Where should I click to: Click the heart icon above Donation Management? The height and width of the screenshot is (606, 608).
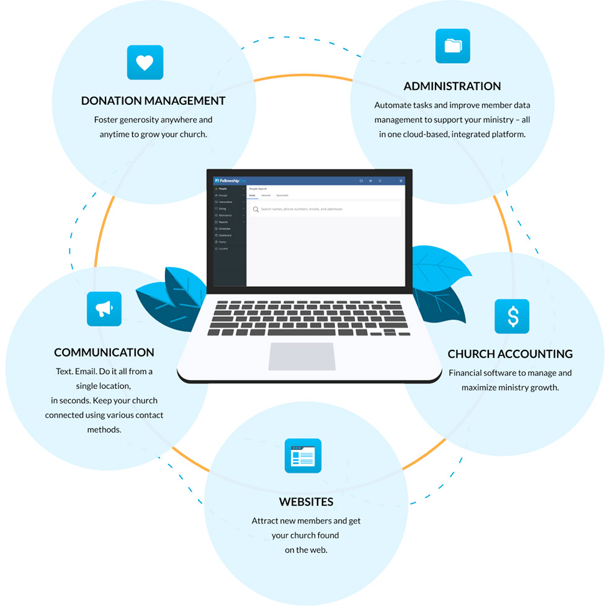tap(145, 62)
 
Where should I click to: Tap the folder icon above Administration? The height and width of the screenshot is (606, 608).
tap(452, 46)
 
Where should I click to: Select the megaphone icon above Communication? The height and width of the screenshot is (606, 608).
tap(104, 308)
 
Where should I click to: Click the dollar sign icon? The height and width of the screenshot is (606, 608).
tap(512, 316)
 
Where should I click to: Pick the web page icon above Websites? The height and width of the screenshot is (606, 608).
tap(303, 456)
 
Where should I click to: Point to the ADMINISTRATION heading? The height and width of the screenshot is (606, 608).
tap(452, 86)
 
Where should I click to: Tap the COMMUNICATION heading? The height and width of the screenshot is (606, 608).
tap(104, 352)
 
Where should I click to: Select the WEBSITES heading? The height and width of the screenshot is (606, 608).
tap(306, 502)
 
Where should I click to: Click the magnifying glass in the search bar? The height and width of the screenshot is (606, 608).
tap(256, 210)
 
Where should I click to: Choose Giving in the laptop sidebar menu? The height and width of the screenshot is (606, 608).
tap(222, 208)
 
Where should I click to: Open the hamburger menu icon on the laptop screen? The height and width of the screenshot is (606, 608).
tap(401, 180)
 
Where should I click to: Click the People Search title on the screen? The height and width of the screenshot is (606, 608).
tap(257, 189)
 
